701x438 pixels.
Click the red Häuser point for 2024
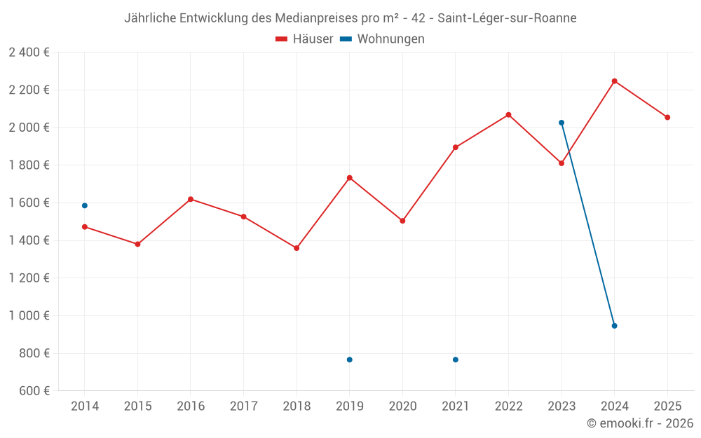click(x=614, y=81)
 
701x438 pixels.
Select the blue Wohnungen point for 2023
click(x=562, y=123)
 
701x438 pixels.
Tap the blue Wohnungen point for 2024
click(x=614, y=326)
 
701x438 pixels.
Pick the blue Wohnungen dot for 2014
click(x=85, y=205)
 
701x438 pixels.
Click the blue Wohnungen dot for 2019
click(x=349, y=360)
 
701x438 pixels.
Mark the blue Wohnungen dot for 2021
click(x=456, y=360)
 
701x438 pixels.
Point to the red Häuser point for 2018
click(x=297, y=248)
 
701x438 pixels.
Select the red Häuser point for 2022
click(x=508, y=115)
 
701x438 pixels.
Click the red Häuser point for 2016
click(x=191, y=199)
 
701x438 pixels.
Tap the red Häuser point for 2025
click(x=667, y=117)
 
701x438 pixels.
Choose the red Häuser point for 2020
click(x=402, y=221)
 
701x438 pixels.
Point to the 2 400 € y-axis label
click(x=29, y=53)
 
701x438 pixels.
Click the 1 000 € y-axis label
click(x=29, y=315)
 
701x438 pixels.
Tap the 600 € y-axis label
click(x=33, y=391)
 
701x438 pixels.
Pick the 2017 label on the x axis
click(x=243, y=406)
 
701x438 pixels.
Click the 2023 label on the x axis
click(x=562, y=406)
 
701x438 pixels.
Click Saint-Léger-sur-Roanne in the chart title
click(x=507, y=18)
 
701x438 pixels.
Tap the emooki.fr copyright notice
click(x=640, y=423)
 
